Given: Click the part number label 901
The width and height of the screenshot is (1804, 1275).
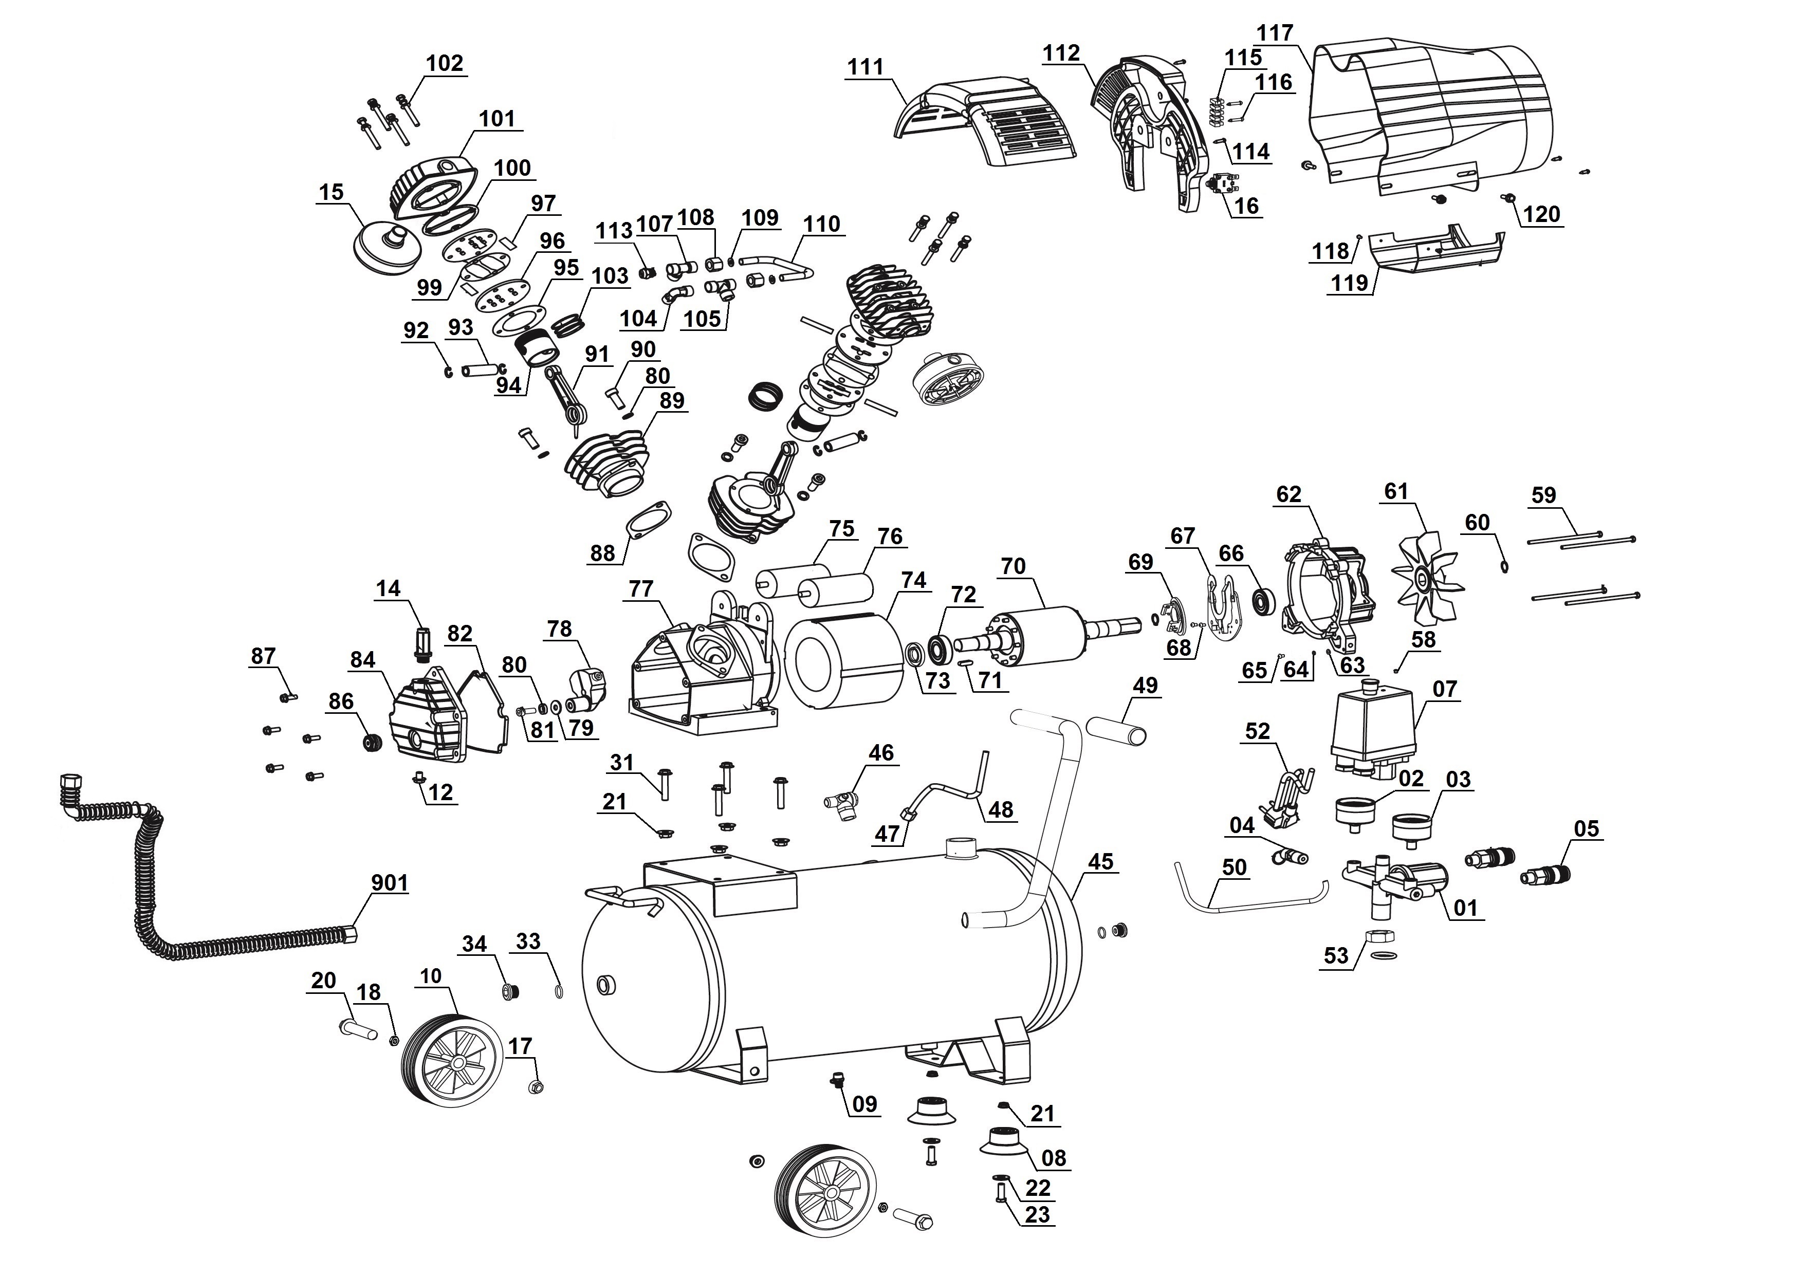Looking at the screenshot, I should (390, 883).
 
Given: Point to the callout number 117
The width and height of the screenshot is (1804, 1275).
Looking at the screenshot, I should (1275, 33).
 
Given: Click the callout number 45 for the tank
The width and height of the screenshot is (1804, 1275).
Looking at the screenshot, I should (1100, 862).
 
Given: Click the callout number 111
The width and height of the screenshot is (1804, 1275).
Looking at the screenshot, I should (865, 67).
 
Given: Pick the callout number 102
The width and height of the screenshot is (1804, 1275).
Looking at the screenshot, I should (445, 63).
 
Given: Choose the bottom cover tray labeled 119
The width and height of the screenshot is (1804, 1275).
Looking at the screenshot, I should (1434, 251).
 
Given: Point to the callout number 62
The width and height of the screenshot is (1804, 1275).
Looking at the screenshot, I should (1288, 494).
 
